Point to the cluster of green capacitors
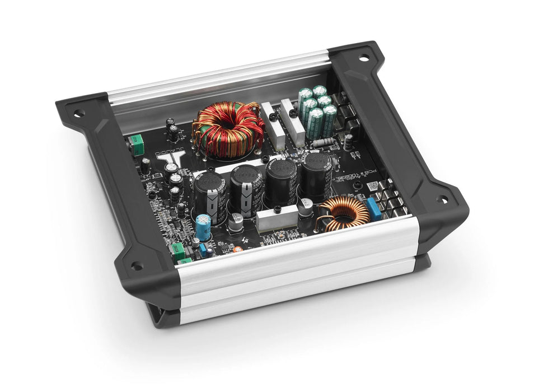click(317, 109)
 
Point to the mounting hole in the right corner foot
click(442, 199)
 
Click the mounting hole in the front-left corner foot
click(134, 266)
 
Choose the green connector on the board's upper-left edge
click(135, 142)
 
